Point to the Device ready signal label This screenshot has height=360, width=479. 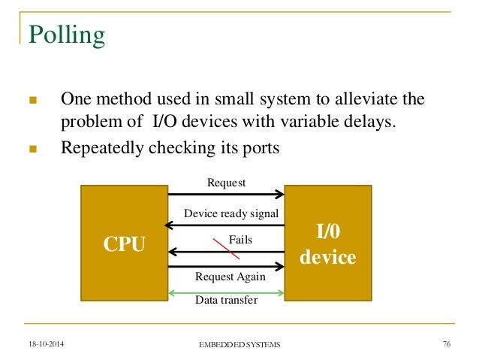point(231,214)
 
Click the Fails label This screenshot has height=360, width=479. point(240,240)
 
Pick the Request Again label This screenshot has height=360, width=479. point(230,276)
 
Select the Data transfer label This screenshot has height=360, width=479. point(226,301)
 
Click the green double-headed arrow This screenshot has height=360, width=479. point(225,292)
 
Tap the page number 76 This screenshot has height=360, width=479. point(446,343)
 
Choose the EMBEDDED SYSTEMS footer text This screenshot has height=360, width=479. point(239,344)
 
